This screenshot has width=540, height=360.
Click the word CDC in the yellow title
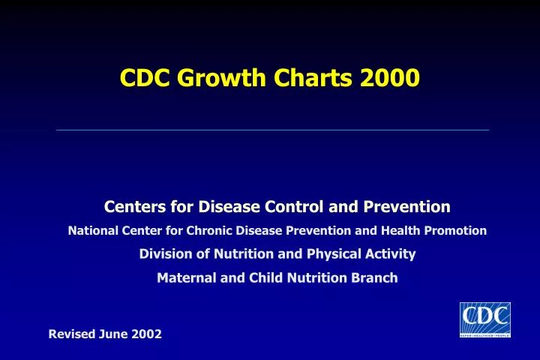pos(145,77)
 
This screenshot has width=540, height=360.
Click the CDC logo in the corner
pos(484,319)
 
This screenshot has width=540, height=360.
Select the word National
pos(93,231)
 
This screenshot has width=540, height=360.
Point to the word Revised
pos(71,334)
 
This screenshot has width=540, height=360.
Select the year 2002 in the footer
pos(147,334)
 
